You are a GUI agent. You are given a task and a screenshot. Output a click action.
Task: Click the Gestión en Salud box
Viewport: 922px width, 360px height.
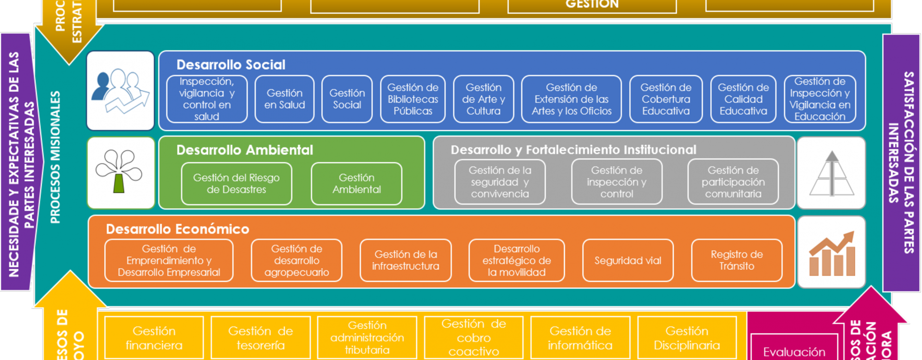coord(284,99)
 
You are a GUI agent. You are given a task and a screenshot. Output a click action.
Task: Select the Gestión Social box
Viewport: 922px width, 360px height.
coord(347,99)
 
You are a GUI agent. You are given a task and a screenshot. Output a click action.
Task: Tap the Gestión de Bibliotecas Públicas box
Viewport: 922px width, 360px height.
coord(413,99)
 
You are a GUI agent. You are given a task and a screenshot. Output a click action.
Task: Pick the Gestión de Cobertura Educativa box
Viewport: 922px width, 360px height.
coord(666,99)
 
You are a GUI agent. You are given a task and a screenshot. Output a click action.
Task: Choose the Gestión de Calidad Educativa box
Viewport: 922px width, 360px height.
coord(743,99)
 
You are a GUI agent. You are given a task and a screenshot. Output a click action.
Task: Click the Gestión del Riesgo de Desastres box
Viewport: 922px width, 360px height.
coord(236,183)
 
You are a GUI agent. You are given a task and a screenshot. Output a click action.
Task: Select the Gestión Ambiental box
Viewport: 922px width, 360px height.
coord(356,183)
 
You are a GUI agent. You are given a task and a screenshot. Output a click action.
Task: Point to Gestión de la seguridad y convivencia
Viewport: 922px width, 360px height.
coord(500,182)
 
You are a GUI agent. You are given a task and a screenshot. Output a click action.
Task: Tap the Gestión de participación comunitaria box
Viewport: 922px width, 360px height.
coord(733,182)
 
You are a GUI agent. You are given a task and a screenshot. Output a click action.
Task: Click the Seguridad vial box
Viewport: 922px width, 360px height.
coord(628,260)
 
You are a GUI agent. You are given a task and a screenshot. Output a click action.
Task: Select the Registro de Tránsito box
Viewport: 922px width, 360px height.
coord(737,260)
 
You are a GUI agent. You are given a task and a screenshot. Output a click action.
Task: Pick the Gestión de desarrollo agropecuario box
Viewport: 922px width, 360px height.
coord(296,260)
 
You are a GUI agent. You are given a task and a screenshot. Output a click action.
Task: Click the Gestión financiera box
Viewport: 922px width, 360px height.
coord(154,337)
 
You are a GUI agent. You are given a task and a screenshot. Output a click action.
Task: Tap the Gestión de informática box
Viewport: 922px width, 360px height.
coord(580,337)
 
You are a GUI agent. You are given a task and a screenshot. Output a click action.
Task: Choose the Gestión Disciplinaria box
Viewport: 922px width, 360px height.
coord(687,337)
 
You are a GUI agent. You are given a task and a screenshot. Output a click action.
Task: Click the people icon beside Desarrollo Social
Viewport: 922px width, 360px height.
coord(121,91)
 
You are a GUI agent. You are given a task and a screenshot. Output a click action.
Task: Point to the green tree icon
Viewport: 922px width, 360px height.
coord(121,172)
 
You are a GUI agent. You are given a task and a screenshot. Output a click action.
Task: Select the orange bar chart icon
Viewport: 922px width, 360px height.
coord(832,252)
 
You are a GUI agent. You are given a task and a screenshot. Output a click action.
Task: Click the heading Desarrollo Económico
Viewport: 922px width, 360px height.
coord(178,229)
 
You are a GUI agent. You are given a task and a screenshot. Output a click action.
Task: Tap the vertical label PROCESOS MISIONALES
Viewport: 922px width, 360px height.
coord(56,157)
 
